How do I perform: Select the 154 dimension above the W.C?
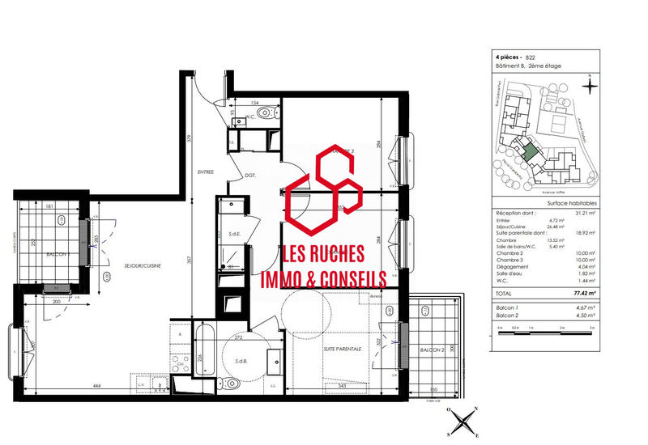tap(254, 104)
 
